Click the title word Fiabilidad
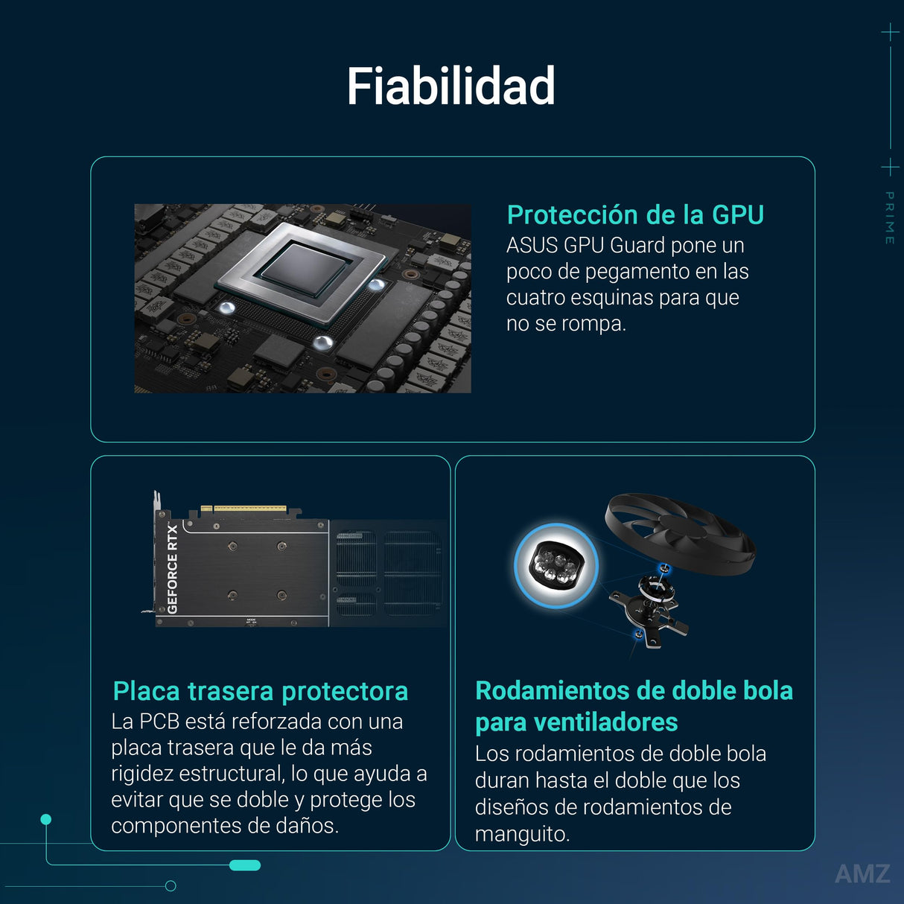pos(451,86)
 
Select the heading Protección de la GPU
pos(635,215)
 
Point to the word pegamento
pos(634,272)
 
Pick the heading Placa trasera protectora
pos(260,691)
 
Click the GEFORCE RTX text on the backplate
pos(173,569)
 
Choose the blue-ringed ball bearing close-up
pos(556,566)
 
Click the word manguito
pos(522,834)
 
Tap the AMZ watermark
pos(862,873)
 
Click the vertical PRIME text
pos(889,217)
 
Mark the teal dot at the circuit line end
pos(46,819)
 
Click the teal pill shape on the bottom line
pos(245,865)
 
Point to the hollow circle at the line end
pos(171,885)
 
